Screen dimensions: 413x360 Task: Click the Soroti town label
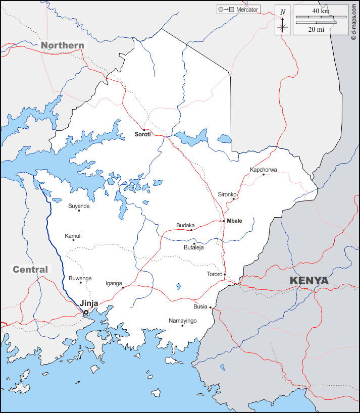142,135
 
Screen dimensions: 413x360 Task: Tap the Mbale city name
235,221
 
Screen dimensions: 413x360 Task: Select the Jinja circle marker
86,313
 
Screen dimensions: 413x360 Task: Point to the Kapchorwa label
264,170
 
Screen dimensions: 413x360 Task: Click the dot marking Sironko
233,198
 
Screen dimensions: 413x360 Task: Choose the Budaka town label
185,225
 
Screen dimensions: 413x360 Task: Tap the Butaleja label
193,247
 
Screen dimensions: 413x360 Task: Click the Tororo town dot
225,275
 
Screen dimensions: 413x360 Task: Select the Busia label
200,306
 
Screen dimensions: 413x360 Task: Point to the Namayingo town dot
182,326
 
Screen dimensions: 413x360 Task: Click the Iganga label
114,283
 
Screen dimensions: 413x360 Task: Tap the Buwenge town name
80,278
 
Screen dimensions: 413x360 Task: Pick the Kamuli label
73,236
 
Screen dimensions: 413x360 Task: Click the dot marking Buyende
79,211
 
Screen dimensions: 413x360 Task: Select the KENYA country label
308,281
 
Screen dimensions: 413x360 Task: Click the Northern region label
63,45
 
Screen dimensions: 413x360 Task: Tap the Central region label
30,270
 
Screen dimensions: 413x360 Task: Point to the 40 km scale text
321,11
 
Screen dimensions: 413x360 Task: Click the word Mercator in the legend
247,10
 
